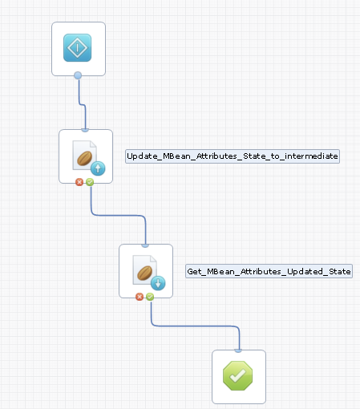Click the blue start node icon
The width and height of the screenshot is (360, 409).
[x=78, y=48]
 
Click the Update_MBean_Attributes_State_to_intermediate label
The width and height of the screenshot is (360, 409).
[x=233, y=156]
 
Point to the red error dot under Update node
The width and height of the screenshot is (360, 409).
[x=79, y=182]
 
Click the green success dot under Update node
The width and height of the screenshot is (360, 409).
[x=90, y=182]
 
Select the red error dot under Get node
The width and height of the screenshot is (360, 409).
[x=140, y=297]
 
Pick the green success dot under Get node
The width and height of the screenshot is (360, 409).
[x=150, y=297]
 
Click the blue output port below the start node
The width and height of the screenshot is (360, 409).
[x=78, y=75]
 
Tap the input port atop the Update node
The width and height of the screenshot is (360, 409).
[x=86, y=130]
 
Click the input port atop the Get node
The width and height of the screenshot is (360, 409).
[x=146, y=245]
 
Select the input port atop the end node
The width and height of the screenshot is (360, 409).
[x=239, y=350]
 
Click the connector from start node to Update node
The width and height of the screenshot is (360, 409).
[x=80, y=103]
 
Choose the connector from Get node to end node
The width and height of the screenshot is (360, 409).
[x=196, y=326]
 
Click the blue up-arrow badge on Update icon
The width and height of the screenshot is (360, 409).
[x=98, y=168]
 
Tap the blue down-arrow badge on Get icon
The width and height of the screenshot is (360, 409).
[x=158, y=282]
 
